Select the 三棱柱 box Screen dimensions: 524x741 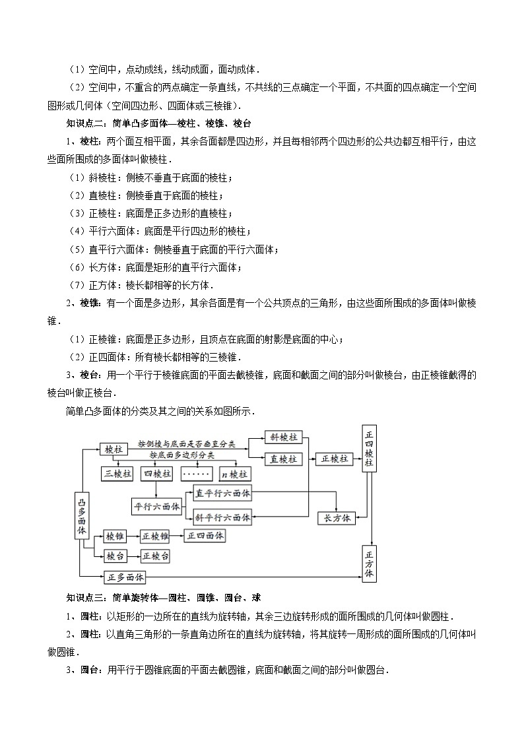[x=117, y=474]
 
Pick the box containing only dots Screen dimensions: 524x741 [x=195, y=474]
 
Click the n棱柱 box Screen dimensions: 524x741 [x=234, y=474]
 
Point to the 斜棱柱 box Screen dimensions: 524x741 [x=283, y=437]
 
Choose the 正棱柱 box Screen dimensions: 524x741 [x=335, y=459]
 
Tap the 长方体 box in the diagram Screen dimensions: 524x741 [x=337, y=518]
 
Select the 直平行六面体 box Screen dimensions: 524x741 [x=222, y=494]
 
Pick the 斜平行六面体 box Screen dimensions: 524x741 [x=222, y=518]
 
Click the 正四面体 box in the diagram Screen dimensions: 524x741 [x=205, y=536]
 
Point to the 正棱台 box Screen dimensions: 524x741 [x=156, y=556]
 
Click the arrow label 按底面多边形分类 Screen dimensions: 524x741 [x=181, y=455]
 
